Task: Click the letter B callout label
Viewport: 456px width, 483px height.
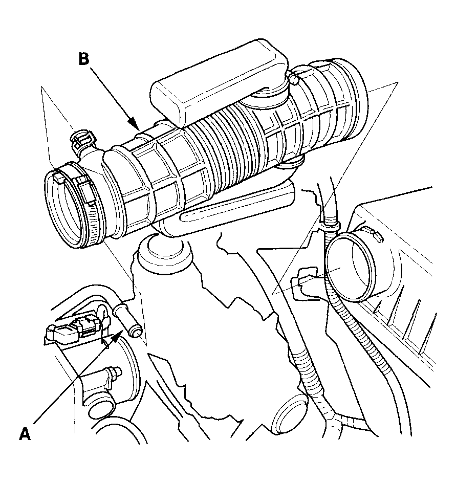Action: tap(84, 59)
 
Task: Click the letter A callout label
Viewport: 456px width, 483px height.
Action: tap(25, 434)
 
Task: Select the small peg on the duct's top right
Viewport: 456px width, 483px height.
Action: tap(294, 79)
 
